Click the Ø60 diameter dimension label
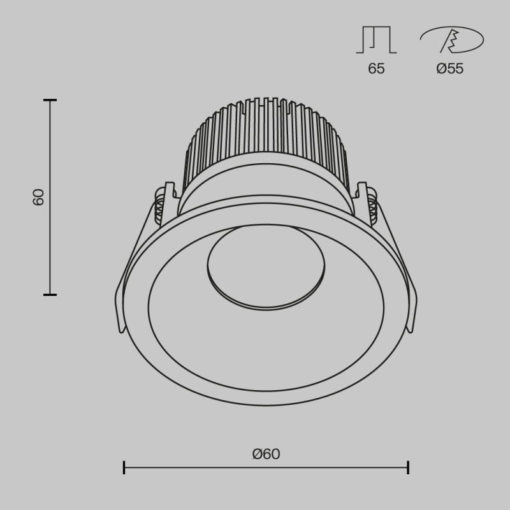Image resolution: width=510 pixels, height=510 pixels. (266, 454)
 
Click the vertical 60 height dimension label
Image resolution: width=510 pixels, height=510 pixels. (39, 197)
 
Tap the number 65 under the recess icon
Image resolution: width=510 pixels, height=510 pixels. (376, 69)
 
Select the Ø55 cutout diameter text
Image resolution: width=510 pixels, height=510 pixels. (450, 69)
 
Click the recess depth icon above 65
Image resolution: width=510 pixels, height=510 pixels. (376, 40)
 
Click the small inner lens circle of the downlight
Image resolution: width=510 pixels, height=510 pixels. (266, 266)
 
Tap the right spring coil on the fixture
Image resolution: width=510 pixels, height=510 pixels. (374, 209)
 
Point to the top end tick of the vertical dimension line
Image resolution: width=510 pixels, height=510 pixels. (50, 100)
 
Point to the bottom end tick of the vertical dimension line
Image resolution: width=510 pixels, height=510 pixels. (50, 295)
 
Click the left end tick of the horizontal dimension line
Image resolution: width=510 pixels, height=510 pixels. (124, 468)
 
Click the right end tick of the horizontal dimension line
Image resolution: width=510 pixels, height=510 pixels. (408, 468)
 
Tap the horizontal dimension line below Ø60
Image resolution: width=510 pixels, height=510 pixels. (266, 468)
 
